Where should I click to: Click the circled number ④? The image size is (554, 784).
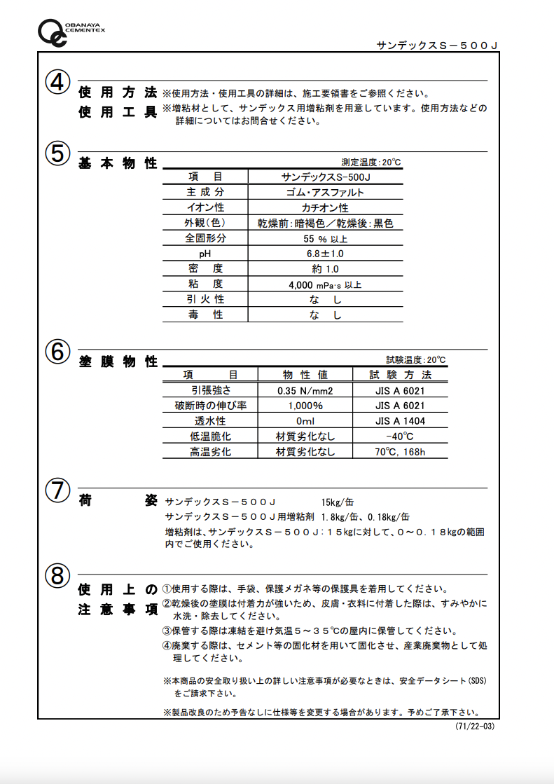pos(57,83)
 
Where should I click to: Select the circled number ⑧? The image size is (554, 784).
pos(57,576)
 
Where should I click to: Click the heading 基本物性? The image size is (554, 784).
pos(118,163)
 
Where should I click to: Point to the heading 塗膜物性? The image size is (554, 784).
pos(118,362)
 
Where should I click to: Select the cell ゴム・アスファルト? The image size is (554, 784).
pos(325,192)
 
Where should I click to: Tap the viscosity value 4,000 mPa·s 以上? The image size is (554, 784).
pos(325,285)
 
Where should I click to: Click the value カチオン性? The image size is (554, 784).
pos(325,207)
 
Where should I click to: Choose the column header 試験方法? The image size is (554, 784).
pos(400,375)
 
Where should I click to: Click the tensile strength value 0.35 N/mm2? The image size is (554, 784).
pos(305,391)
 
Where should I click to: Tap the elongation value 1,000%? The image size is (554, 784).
pos(305,406)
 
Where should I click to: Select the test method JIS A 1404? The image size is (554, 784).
pos(400,421)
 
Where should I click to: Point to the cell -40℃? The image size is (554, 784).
pos(400,436)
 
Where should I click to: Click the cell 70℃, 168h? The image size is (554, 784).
pos(400,452)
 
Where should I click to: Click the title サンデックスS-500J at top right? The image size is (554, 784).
pos(437,46)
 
